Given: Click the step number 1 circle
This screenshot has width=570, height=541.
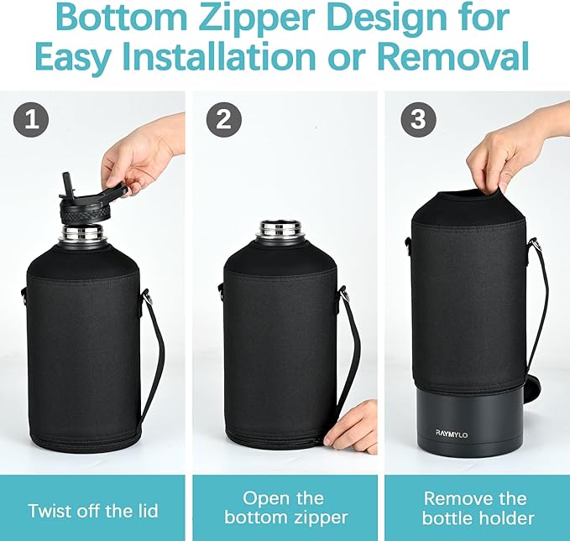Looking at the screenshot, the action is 31,119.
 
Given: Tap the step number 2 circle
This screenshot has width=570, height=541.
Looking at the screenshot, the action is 224,119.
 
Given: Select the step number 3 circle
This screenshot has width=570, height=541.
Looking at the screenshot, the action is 418,119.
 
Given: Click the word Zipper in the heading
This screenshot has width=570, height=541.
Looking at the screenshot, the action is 257,19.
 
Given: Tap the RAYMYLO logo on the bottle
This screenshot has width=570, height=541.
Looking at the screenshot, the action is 452,434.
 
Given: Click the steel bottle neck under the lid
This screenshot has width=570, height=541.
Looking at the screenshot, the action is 83,234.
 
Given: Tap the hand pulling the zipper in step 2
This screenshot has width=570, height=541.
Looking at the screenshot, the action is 353,429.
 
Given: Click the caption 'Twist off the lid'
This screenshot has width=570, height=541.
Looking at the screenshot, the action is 93,511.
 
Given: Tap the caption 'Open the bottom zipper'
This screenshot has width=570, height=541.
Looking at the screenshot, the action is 286,508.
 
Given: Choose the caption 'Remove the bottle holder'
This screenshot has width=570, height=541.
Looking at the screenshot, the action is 478,508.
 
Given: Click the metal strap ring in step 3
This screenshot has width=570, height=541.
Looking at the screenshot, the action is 535,244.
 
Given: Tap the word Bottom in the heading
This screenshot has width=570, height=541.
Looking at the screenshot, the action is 123,19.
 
